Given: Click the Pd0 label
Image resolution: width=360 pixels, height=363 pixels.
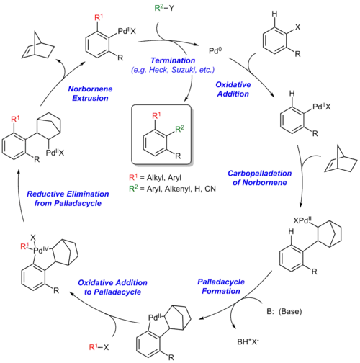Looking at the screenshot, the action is (x=215, y=50).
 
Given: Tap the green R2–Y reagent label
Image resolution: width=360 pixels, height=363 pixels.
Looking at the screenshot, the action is (x=164, y=8).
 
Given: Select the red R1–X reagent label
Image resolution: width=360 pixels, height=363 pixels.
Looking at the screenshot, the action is (x=99, y=347).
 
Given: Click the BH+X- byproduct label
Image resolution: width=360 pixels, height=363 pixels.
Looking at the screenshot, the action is (x=248, y=341).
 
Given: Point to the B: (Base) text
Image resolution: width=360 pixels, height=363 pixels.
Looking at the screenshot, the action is (x=284, y=311).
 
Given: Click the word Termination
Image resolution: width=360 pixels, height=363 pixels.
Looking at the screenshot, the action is (x=173, y=60).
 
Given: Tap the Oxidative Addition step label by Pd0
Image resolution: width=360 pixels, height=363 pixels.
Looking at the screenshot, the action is (x=233, y=89).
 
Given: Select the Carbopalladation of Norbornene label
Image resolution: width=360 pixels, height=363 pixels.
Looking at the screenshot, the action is (x=260, y=178).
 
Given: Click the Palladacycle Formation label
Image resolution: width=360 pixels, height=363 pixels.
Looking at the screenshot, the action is (x=221, y=287).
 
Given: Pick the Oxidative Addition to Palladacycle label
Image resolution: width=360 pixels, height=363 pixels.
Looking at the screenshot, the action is (x=112, y=287).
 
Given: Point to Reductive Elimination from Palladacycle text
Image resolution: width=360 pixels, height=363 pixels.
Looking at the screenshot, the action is (x=68, y=199).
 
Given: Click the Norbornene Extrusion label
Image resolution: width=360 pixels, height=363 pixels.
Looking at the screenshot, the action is (x=90, y=94).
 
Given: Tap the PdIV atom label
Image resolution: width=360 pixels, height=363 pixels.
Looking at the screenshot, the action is (x=41, y=250).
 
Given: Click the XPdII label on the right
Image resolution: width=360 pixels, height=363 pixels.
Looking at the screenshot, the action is (x=302, y=220).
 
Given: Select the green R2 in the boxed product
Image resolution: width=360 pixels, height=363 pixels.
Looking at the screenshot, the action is (x=179, y=129).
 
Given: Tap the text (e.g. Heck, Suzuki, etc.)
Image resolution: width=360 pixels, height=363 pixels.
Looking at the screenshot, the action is (x=173, y=70).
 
